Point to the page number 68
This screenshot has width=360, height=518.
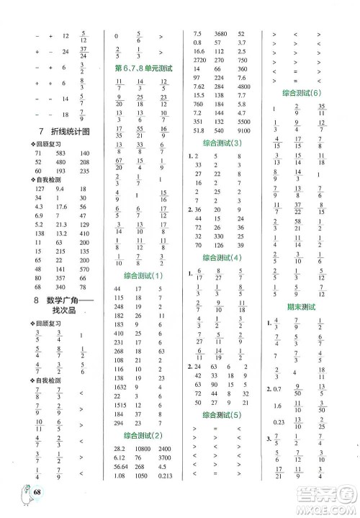[28, 491]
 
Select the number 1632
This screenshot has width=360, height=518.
[120, 388]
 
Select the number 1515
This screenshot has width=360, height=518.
[120, 407]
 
